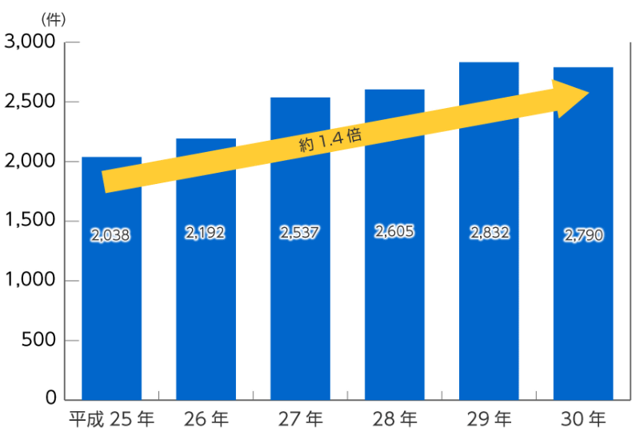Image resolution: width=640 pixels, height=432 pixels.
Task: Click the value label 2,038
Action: coord(111,235)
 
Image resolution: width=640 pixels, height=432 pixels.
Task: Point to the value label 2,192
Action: coord(206,233)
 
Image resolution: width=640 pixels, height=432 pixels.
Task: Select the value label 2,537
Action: coord(300,233)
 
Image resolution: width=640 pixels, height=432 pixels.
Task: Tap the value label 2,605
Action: coord(394,232)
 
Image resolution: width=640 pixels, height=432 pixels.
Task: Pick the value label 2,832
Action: coord(489,233)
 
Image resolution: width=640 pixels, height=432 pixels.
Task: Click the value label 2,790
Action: coord(583,235)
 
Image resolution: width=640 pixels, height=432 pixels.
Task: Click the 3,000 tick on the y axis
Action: coord(30,42)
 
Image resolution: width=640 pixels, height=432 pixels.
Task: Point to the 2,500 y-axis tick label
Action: coord(30,102)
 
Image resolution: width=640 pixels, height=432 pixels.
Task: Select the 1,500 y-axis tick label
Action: coord(30,222)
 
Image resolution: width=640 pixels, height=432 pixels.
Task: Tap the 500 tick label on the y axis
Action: coord(38,341)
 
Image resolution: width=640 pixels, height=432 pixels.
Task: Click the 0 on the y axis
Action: coord(50,398)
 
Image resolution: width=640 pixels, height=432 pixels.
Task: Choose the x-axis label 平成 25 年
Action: coord(111,418)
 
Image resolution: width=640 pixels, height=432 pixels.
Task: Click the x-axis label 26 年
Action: coord(206,418)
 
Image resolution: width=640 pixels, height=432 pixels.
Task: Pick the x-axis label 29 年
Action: coord(489,418)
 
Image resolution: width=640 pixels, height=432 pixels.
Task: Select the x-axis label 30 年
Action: coord(583,418)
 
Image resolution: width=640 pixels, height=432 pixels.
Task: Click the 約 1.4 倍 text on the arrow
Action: coord(330,140)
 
